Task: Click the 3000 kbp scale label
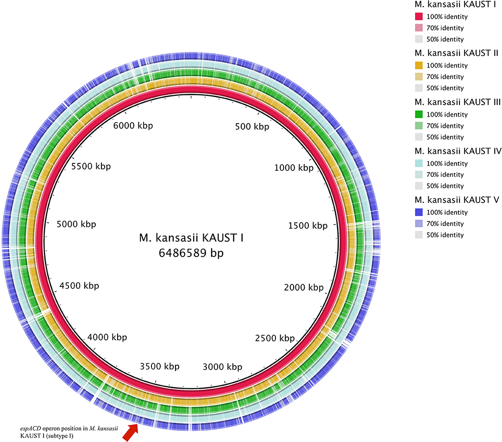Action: pos(222,367)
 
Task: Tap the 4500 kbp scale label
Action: pos(79,286)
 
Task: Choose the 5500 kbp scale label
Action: pos(91,166)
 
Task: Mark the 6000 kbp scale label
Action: pos(133,125)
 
